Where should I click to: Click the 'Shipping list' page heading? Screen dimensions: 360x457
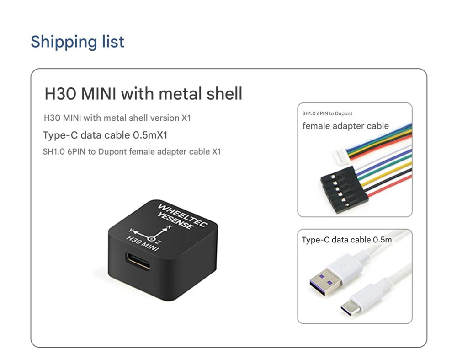[x=77, y=42]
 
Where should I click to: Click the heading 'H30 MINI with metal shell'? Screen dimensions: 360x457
[x=143, y=94]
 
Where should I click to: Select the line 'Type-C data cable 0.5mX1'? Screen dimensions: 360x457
[x=108, y=135]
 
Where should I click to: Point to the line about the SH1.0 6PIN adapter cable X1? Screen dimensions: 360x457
[x=132, y=151]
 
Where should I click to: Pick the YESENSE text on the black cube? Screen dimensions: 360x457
[x=175, y=222]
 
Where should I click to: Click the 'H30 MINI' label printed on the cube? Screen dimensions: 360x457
[x=142, y=244]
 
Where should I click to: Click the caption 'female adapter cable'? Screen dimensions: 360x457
[x=345, y=126]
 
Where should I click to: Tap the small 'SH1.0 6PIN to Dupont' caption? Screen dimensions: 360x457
[x=327, y=113]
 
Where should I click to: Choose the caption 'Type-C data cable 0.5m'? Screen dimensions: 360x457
[x=347, y=240]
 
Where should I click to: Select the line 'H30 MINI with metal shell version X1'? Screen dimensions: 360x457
[x=117, y=118]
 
